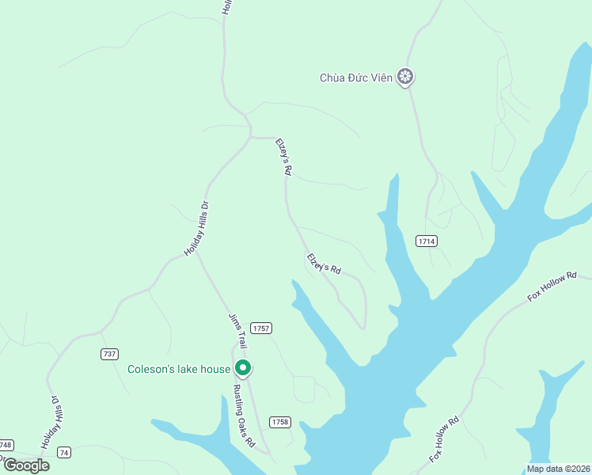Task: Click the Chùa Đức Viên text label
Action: (355, 78)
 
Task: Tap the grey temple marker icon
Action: (406, 77)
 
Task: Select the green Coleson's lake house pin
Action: (243, 368)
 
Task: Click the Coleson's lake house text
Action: (179, 369)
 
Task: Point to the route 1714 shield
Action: (427, 240)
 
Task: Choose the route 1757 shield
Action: (261, 328)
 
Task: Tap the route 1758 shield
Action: (279, 422)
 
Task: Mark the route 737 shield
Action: (110, 353)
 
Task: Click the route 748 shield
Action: (6, 444)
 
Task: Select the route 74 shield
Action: (64, 452)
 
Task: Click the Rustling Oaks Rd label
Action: (244, 416)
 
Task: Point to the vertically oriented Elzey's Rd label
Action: (284, 157)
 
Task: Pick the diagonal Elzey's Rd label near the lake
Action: (324, 264)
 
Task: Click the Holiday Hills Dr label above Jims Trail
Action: (196, 229)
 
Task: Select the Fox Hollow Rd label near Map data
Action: (445, 440)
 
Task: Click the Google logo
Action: (26, 465)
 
